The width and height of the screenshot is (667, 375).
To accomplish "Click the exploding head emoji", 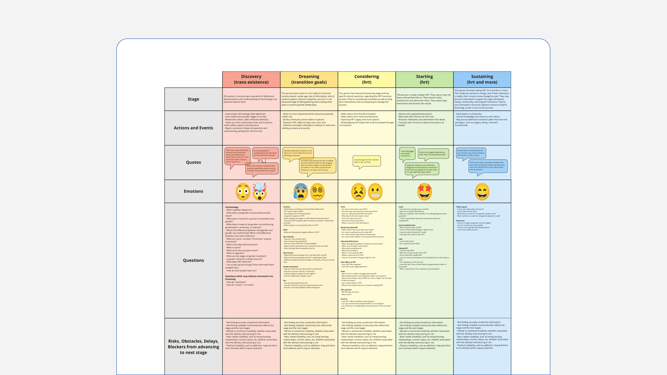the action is click(260, 191).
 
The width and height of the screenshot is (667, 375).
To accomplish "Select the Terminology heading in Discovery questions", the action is click(232, 207).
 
